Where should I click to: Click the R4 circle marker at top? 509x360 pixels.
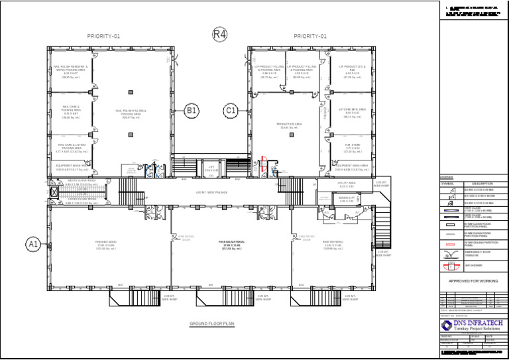pyautogui.click(x=219, y=34)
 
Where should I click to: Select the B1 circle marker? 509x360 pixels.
pyautogui.click(x=191, y=111)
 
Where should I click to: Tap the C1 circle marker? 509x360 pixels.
pyautogui.click(x=231, y=111)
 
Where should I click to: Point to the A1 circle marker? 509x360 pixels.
pyautogui.click(x=34, y=245)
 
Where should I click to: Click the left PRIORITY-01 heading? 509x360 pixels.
pyautogui.click(x=103, y=36)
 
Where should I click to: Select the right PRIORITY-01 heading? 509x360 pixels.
pyautogui.click(x=310, y=36)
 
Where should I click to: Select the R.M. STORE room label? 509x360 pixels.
pyautogui.click(x=352, y=145)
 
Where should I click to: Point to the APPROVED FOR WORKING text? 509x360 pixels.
pyautogui.click(x=473, y=280)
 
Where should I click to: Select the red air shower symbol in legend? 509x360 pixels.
pyautogui.click(x=450, y=267)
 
